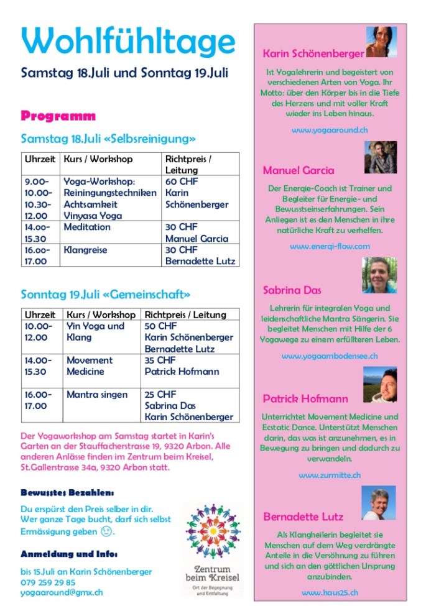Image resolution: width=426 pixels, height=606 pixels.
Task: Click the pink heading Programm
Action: click(x=58, y=116)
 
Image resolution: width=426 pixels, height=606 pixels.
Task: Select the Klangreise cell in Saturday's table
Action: click(x=85, y=250)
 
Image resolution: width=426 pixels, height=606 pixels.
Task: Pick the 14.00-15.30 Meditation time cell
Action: click(x=37, y=232)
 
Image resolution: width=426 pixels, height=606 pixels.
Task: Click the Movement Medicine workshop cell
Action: click(x=90, y=365)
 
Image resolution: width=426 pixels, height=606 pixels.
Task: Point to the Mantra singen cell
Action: click(x=96, y=394)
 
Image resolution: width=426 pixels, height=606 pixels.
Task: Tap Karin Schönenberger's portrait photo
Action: click(x=381, y=42)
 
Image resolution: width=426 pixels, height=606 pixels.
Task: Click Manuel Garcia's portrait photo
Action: click(x=380, y=157)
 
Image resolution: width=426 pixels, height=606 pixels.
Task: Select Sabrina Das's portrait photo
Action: click(x=379, y=275)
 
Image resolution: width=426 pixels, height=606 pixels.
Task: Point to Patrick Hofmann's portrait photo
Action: click(x=379, y=385)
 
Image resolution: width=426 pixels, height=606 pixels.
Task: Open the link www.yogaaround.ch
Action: click(x=330, y=130)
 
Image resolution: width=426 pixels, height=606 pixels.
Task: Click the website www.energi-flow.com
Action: click(x=330, y=246)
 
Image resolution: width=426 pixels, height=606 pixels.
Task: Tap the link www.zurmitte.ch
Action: click(x=330, y=475)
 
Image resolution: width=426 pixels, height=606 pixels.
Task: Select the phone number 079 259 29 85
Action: click(x=48, y=582)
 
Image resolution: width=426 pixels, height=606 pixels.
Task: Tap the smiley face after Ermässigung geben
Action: click(x=107, y=531)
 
